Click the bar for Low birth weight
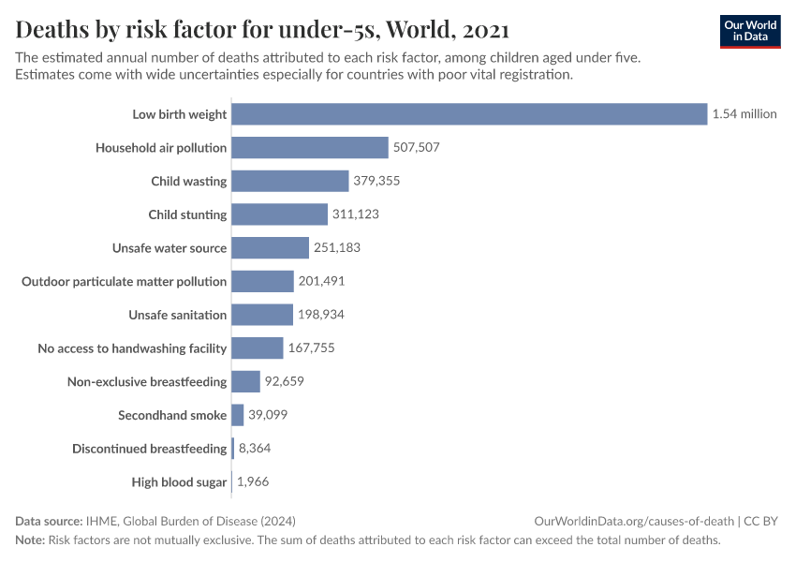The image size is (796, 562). [468, 114]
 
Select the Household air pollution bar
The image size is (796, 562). [309, 147]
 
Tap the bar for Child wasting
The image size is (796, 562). [289, 181]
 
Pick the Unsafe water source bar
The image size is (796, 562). [270, 248]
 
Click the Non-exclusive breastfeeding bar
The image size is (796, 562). [245, 381]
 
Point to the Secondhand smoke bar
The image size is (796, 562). [238, 415]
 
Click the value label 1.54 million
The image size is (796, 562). [744, 114]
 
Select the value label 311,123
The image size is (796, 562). [355, 214]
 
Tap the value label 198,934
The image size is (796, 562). [321, 315]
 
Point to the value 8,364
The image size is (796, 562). [255, 449]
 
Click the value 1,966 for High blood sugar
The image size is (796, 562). [253, 482]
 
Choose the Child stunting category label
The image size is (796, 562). [187, 214]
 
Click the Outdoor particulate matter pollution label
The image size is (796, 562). [125, 281]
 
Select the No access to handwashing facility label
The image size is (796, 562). [132, 348]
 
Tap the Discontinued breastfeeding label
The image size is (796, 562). [150, 449]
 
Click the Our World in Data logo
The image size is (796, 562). [749, 32]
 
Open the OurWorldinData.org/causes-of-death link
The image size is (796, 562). [633, 521]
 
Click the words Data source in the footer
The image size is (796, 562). [49, 521]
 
